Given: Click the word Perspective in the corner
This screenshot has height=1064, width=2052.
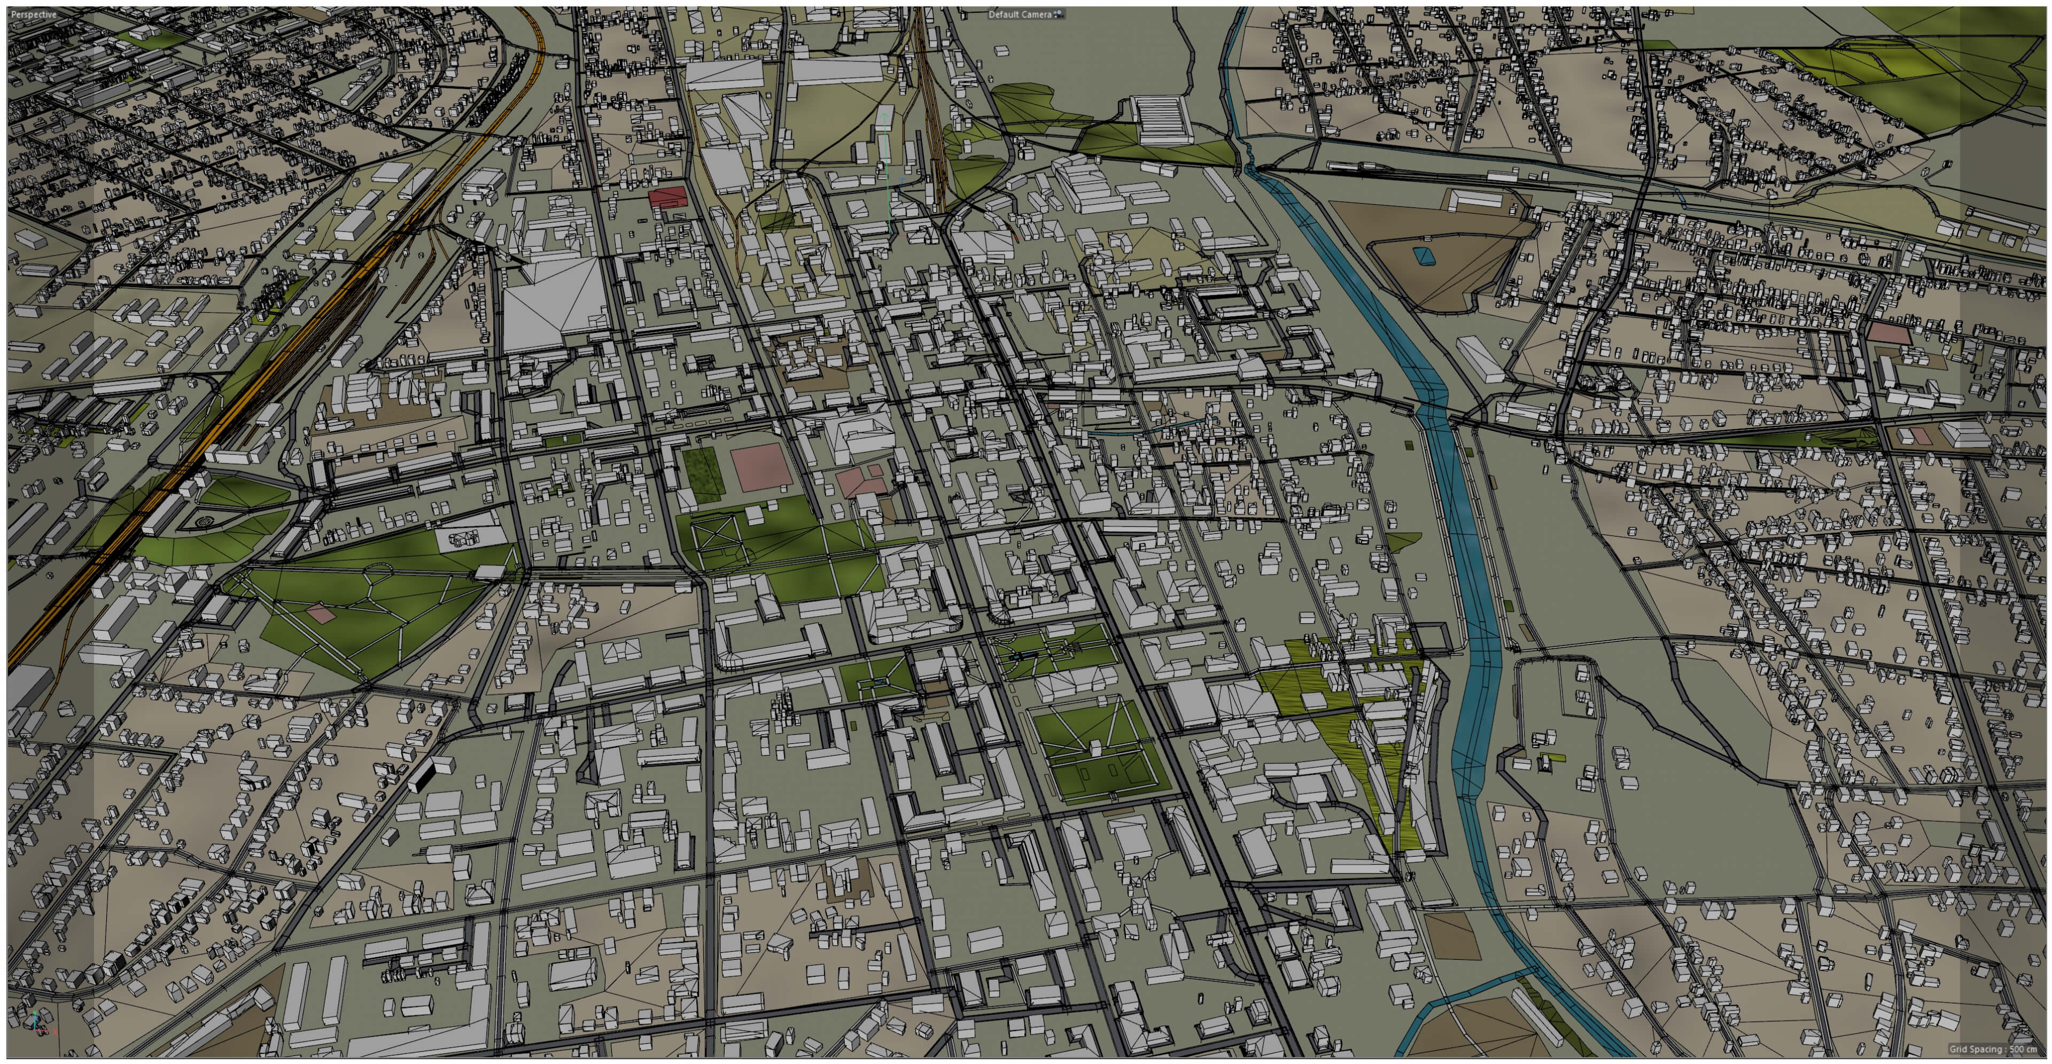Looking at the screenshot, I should [x=34, y=14].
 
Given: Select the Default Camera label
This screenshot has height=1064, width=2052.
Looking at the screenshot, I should [x=1019, y=14].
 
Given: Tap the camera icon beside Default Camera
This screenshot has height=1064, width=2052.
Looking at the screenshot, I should [x=1059, y=14].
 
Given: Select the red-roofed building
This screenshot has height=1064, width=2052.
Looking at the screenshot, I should [x=667, y=197].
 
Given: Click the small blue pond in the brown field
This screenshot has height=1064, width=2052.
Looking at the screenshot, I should [x=1420, y=255].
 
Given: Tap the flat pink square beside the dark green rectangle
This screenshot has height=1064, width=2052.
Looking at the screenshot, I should [x=761, y=468].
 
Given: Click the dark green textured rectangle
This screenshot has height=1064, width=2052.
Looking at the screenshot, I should [x=702, y=474].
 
